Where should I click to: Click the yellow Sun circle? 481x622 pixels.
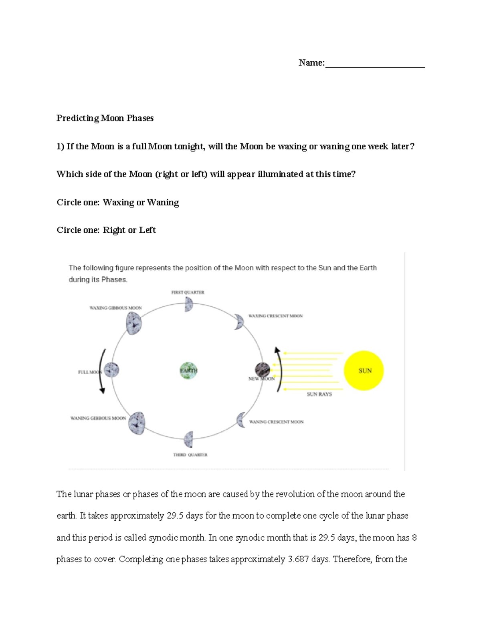click(x=364, y=370)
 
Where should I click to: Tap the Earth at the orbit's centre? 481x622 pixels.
click(x=188, y=370)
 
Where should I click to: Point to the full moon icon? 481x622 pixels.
click(x=111, y=370)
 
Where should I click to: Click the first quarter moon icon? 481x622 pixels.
click(x=189, y=304)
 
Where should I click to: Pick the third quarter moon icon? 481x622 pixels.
click(x=189, y=439)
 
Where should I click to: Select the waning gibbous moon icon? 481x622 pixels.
click(x=137, y=423)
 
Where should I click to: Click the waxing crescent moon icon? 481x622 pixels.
click(x=239, y=322)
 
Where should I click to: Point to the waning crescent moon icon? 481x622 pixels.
click(x=241, y=420)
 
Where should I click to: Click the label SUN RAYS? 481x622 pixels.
click(x=319, y=394)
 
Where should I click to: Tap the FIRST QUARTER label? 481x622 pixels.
click(x=188, y=292)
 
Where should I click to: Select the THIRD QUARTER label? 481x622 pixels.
click(x=190, y=455)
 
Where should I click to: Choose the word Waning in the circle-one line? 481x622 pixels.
click(x=163, y=202)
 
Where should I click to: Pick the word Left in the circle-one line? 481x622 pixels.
click(x=147, y=230)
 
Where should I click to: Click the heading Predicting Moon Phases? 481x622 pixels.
click(x=105, y=118)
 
